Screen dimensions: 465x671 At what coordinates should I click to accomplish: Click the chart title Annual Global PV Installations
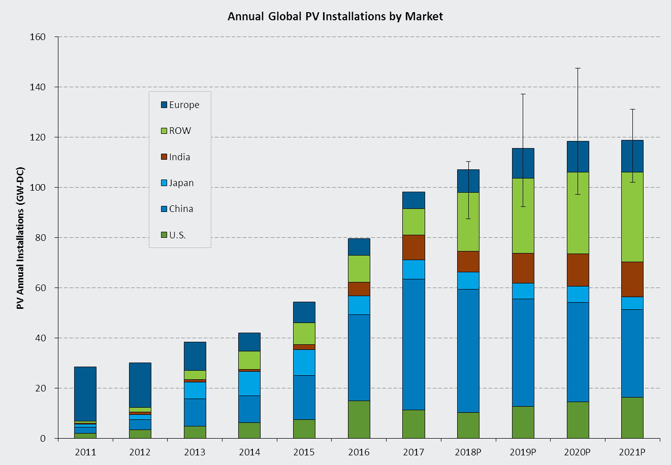tap(335, 16)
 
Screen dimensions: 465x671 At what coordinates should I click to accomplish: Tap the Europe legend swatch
tap(164, 105)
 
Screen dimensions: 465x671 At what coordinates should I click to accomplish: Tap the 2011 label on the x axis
tap(85, 452)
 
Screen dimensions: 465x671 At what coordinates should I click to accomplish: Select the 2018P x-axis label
tap(468, 452)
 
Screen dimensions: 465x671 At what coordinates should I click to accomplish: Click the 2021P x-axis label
tap(632, 452)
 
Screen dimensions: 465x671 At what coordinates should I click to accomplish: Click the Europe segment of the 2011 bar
tap(85, 394)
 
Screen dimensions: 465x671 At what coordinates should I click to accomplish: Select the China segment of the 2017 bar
tap(413, 344)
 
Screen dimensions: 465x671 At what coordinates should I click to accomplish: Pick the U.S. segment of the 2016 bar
tap(359, 419)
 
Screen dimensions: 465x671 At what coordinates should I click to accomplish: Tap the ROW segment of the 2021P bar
tap(632, 217)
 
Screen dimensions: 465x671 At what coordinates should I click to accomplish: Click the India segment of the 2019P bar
tap(523, 268)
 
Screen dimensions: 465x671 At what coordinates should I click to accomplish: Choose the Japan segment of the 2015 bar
tap(304, 363)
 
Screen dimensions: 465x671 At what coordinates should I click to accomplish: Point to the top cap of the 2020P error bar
tap(578, 68)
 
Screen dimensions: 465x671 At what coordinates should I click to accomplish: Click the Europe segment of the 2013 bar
tap(195, 356)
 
